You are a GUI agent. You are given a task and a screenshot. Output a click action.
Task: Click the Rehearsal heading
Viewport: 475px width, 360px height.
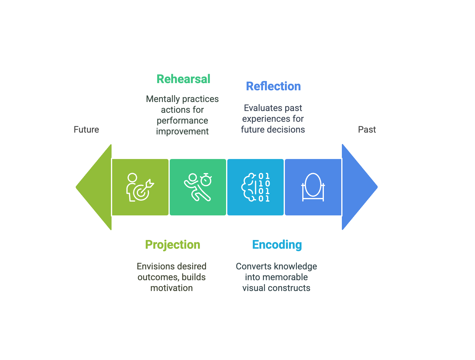[183, 79]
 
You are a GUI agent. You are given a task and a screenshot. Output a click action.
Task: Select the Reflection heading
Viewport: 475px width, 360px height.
[273, 86]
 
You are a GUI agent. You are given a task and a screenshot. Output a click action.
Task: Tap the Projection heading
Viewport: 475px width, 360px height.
[173, 245]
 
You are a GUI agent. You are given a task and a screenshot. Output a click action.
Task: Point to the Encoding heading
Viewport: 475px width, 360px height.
[277, 245]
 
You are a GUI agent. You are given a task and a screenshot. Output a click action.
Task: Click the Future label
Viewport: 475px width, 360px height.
[86, 130]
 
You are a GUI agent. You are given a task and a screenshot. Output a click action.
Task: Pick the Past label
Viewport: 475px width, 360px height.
[367, 130]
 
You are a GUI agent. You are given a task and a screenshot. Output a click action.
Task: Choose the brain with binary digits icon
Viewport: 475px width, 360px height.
[255, 187]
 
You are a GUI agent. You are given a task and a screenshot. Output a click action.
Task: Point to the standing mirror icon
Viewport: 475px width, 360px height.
[313, 187]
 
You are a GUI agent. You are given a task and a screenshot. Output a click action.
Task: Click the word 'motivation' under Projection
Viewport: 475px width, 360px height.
[172, 288]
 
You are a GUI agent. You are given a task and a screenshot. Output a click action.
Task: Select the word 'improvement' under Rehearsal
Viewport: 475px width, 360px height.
[182, 131]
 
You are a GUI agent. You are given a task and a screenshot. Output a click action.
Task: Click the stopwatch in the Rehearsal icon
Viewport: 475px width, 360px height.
[206, 180]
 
